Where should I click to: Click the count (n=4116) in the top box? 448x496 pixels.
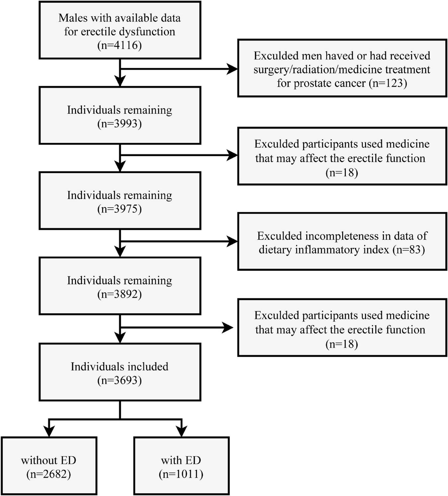point(119,45)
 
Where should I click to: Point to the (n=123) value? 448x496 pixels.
point(388,83)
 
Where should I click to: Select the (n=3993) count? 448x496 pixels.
point(119,124)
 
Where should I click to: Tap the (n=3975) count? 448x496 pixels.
point(119,209)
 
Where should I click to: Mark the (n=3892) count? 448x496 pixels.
point(119,294)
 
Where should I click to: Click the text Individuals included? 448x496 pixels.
point(119,366)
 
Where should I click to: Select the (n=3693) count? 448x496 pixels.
point(119,380)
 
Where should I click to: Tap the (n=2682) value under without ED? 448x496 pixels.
point(49,474)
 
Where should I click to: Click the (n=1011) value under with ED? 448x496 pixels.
point(181,474)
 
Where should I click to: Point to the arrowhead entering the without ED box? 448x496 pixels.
point(49,432)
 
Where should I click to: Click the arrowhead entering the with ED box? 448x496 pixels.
point(181,432)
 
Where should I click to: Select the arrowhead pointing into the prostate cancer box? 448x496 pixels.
point(232,69)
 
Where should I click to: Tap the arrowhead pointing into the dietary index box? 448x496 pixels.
point(232,242)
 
